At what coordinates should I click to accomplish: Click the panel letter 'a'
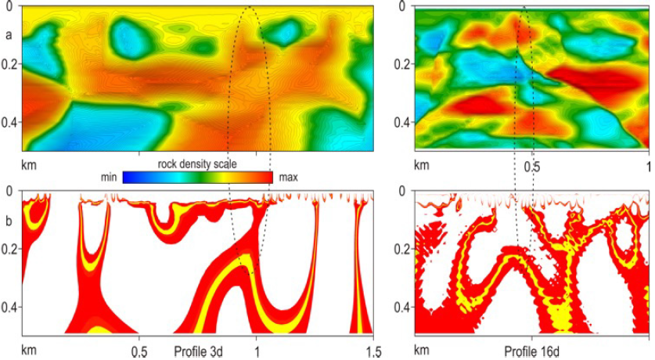[8, 35]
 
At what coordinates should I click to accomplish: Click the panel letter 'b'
[8, 221]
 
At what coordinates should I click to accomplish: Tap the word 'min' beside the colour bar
[110, 178]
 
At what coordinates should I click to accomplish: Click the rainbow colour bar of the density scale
[196, 178]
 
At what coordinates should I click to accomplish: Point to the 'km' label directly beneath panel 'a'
[31, 165]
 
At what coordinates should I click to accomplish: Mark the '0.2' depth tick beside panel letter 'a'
[9, 64]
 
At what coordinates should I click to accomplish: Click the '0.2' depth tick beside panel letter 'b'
[9, 250]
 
